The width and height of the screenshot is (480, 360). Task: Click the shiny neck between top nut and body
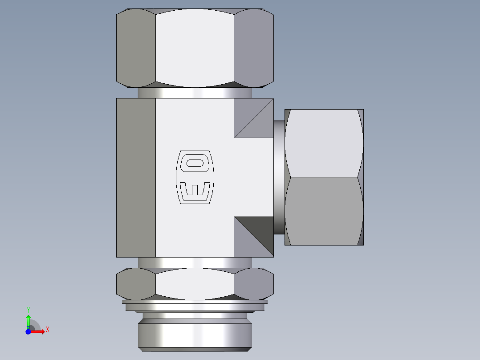pos(195,93)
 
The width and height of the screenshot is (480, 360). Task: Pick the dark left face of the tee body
pos(136,177)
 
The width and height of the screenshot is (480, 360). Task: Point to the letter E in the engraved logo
pos(195,188)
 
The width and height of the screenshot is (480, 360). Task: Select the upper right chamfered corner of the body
pos(253,118)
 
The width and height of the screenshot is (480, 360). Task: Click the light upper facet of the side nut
pos(324,143)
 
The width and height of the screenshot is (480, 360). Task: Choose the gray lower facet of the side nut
pos(324,211)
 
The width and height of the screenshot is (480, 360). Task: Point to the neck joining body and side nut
pos(279,177)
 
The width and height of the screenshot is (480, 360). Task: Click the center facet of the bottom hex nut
pos(195,283)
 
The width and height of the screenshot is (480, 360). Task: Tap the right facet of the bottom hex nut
pos(253,283)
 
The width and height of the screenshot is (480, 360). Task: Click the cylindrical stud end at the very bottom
pos(195,335)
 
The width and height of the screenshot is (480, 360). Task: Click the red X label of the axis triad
pos(48,330)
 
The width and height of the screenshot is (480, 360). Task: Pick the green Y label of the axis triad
pos(28,310)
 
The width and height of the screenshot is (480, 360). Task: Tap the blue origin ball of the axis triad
pos(28,331)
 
